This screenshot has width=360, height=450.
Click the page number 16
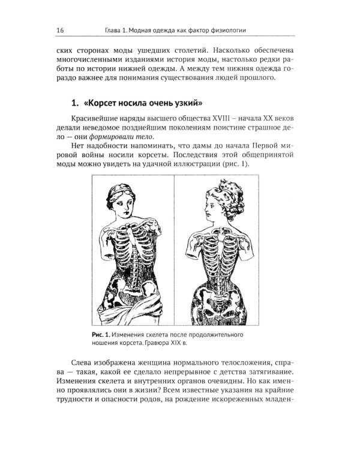pyautogui.click(x=61, y=30)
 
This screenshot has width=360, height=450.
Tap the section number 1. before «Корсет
pyautogui.click(x=76, y=100)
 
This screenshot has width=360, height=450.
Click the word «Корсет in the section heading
pyautogui.click(x=108, y=100)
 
